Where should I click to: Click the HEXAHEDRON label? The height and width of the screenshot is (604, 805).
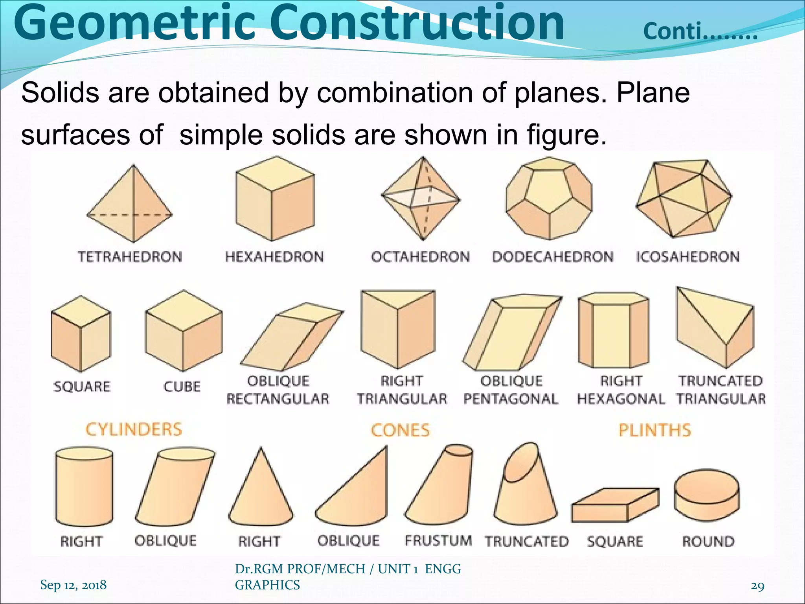click(x=274, y=257)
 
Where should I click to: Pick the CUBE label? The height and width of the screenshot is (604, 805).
click(x=182, y=386)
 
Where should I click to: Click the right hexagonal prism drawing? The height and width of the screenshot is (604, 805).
click(x=613, y=330)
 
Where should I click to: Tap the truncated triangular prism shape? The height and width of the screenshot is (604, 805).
click(x=715, y=328)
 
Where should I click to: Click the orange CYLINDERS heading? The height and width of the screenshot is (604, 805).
click(x=134, y=429)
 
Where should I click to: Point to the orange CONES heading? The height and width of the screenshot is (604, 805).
click(x=400, y=430)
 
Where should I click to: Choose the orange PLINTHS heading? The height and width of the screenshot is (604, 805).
click(x=655, y=430)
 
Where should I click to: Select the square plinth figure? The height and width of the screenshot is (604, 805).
click(x=614, y=505)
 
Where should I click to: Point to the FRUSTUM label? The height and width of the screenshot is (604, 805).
click(x=438, y=541)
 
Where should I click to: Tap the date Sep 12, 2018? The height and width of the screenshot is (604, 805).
click(x=74, y=585)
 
